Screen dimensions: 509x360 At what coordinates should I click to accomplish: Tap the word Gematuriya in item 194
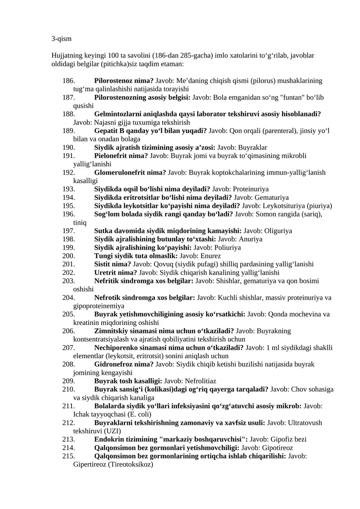click(272, 198)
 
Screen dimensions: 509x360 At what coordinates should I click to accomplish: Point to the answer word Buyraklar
click(252, 148)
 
